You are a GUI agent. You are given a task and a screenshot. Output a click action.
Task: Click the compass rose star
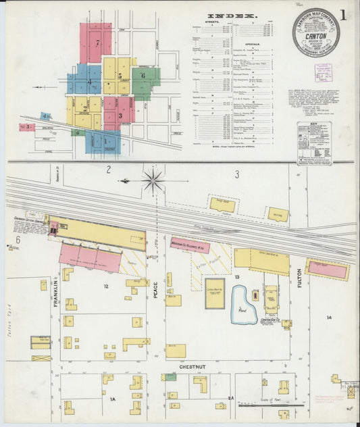click(x=153, y=180)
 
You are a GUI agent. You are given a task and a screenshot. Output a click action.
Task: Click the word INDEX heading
click(x=232, y=16)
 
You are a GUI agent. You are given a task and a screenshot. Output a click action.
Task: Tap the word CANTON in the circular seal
click(x=316, y=37)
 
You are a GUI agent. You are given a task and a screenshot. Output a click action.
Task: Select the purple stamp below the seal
click(x=323, y=73)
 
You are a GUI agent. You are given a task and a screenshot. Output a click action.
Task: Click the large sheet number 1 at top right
click(x=344, y=15)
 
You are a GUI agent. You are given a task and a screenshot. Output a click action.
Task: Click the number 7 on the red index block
click(x=97, y=43)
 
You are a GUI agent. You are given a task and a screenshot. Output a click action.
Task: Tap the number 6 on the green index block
click(x=143, y=76)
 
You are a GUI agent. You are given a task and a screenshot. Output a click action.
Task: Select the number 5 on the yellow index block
click(x=120, y=76)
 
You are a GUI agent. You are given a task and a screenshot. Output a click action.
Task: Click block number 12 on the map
click(x=106, y=286)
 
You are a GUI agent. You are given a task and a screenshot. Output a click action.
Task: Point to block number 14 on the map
click(x=329, y=317)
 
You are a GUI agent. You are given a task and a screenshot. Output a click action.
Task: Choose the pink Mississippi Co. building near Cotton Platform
click(x=189, y=245)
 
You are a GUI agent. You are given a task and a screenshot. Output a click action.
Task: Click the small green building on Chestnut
click(x=171, y=377)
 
